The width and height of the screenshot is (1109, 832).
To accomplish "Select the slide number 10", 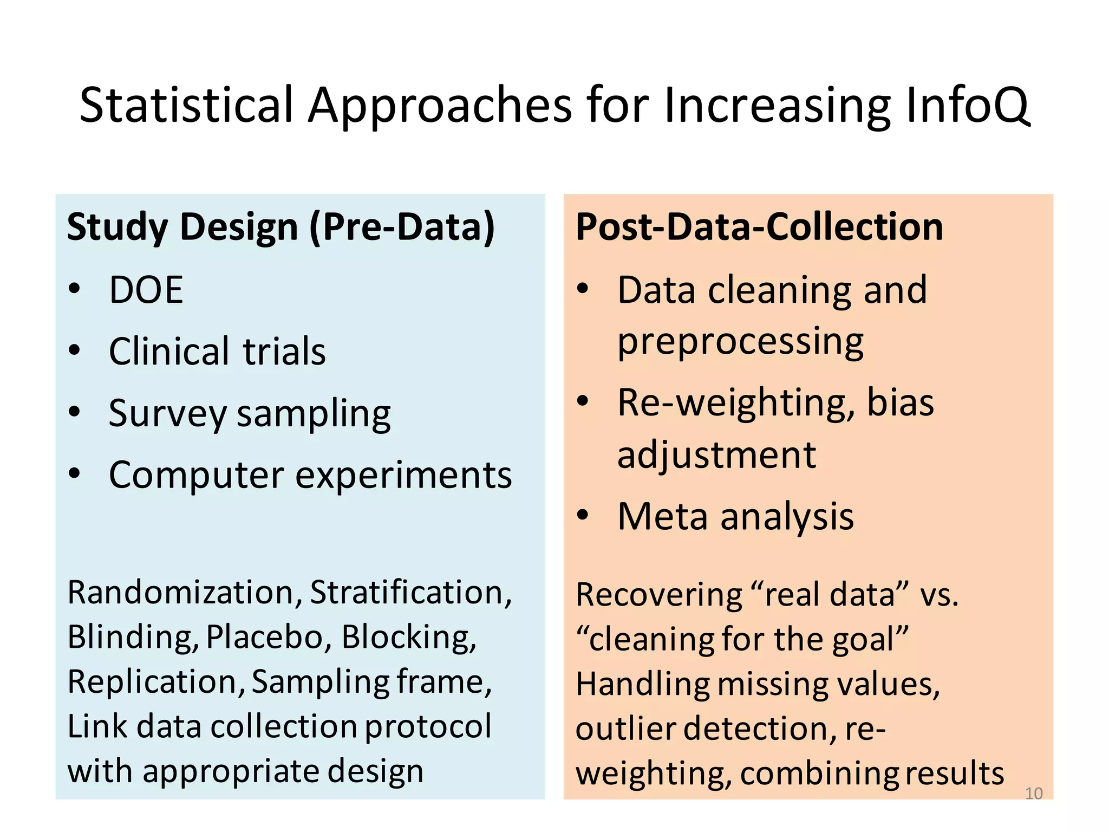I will click(x=1033, y=794).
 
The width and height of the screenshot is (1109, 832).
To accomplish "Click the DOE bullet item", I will click(x=146, y=290).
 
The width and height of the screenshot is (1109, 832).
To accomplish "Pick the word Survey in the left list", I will click(x=167, y=414).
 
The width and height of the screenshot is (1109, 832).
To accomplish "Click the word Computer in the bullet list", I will click(x=197, y=476).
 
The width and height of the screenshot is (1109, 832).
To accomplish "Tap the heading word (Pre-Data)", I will click(x=402, y=227).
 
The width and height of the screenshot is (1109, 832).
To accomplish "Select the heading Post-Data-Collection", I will click(x=759, y=227).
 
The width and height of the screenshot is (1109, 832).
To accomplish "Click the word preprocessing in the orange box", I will click(x=740, y=342).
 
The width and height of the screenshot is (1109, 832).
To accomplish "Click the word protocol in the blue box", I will click(x=428, y=726).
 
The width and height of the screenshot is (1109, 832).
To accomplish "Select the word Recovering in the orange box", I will click(x=658, y=595).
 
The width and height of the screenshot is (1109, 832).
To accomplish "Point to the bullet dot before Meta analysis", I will click(x=582, y=515).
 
